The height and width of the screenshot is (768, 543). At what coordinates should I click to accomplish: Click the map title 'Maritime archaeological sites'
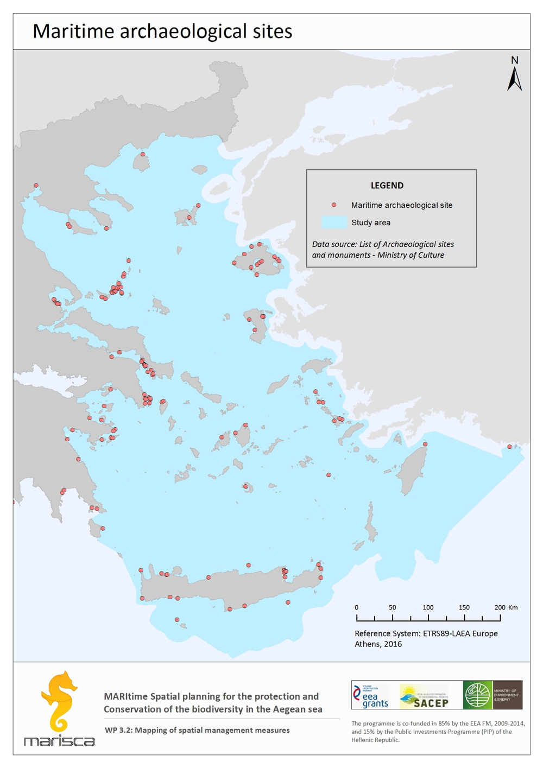tap(162, 31)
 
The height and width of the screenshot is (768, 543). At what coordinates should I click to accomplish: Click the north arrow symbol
tap(515, 75)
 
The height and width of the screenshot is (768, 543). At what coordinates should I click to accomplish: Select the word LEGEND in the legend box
tap(387, 186)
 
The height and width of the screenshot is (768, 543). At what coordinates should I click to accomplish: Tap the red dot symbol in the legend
tap(334, 205)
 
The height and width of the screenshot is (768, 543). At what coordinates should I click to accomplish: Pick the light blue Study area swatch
tap(334, 223)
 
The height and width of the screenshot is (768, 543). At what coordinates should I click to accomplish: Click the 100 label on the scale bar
tap(428, 607)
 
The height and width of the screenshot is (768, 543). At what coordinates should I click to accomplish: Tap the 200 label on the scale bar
tap(500, 607)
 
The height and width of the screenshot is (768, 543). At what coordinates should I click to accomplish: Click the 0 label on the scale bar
tap(356, 607)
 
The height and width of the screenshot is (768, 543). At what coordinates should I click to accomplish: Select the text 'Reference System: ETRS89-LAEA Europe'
tap(426, 633)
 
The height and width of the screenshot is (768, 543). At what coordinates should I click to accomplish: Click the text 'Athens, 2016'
tap(378, 644)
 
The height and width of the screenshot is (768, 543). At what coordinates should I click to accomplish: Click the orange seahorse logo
tap(59, 701)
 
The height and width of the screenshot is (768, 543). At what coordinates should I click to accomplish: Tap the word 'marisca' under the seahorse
tap(59, 741)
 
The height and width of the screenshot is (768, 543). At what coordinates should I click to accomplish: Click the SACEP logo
tap(424, 696)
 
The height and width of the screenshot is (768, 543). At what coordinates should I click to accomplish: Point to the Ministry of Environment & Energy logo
tap(493, 695)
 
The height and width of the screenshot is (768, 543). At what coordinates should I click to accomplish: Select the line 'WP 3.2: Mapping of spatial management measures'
tap(197, 731)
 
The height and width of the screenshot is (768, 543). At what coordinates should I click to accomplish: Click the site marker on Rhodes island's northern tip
tap(425, 444)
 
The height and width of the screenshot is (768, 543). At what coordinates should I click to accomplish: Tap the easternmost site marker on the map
tap(509, 447)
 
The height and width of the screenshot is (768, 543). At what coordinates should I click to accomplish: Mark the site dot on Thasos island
tap(143, 154)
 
